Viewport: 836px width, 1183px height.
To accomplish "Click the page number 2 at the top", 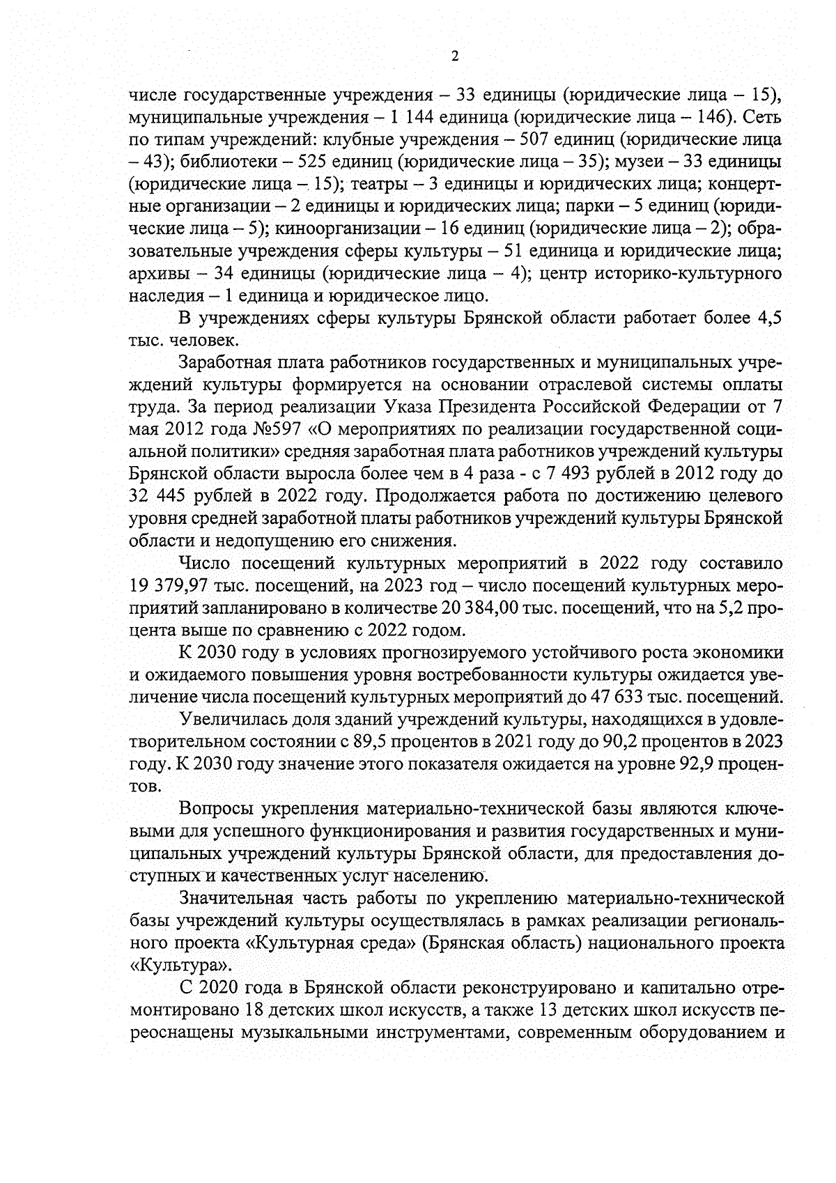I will [x=455, y=56].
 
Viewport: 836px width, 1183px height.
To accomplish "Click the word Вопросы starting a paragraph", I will [x=215, y=808].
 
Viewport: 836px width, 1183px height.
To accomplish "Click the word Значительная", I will [x=235, y=897].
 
